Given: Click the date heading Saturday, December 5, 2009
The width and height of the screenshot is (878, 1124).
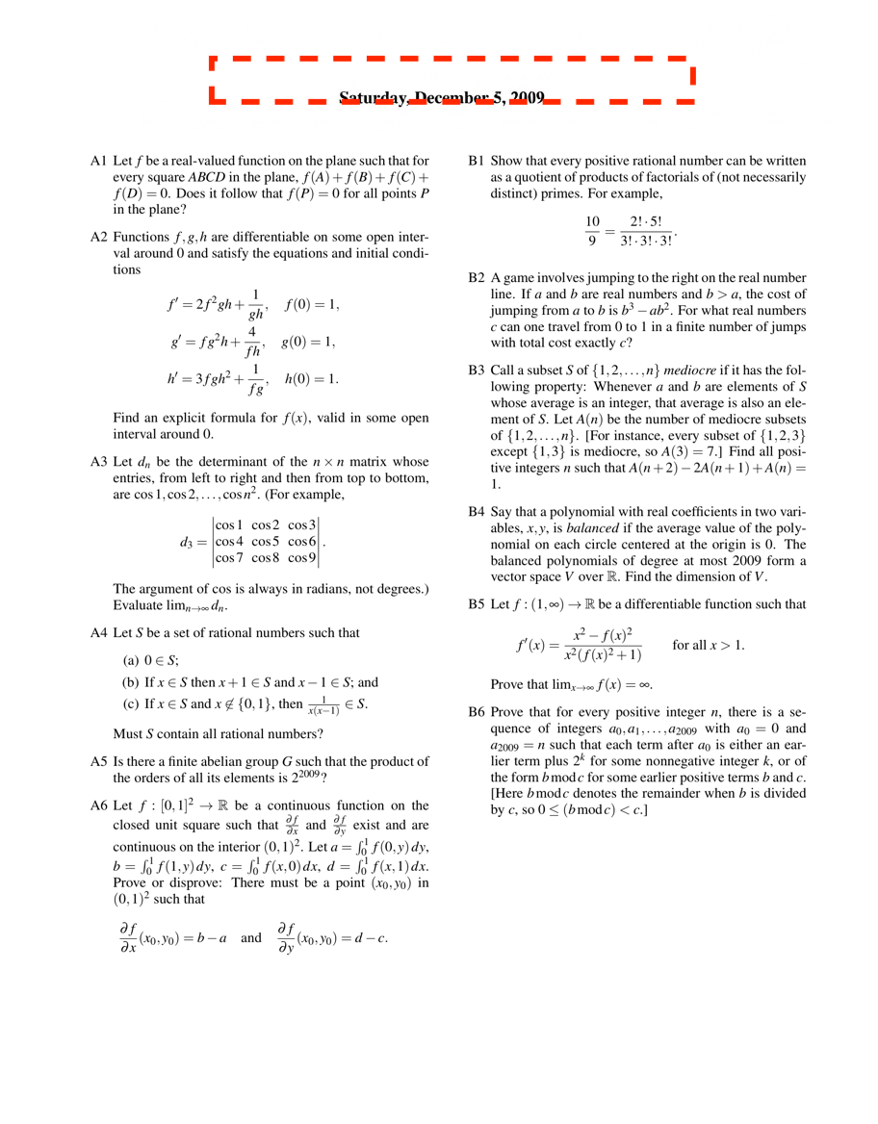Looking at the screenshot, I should [442, 98].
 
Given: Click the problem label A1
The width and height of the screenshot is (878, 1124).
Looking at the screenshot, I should [97, 162].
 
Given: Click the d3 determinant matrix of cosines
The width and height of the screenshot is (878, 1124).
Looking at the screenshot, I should [266, 542].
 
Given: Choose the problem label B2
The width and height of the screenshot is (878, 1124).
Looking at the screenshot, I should [476, 277].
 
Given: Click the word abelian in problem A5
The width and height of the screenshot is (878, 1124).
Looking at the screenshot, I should [212, 760].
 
